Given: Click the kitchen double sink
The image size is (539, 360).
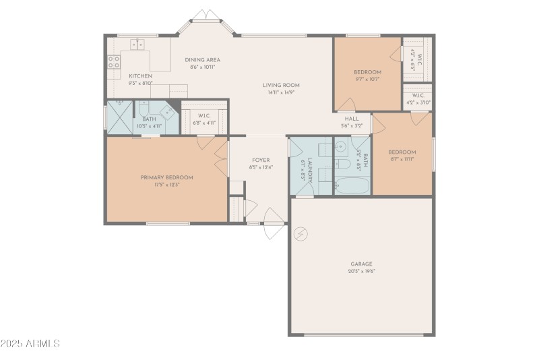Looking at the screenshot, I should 137,44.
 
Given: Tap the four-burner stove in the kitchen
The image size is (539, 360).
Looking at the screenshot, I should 113,63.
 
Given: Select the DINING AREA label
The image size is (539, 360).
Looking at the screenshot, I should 203,60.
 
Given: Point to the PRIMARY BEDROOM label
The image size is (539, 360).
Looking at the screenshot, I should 166,177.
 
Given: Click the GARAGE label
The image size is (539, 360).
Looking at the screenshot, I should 361,264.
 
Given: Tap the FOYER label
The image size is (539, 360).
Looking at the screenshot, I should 261,160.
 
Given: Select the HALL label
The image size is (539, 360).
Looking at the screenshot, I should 352,118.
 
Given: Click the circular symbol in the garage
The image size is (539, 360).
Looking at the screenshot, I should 301,233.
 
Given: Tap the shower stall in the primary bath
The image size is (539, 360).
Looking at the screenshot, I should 119,118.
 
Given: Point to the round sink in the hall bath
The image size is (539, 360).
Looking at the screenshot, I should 341,146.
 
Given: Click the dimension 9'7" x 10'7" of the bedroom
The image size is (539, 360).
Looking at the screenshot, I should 367,79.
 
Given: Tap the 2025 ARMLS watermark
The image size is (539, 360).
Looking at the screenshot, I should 31,343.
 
